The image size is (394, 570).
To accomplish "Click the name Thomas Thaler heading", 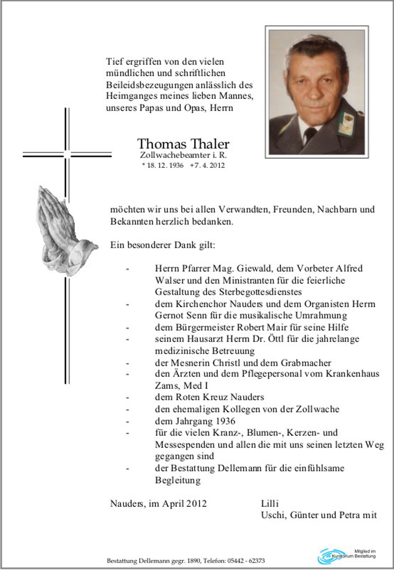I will [183, 144].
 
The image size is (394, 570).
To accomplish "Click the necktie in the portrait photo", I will [310, 134].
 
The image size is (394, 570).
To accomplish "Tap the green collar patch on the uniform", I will [346, 123].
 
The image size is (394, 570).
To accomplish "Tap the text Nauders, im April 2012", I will [158, 503].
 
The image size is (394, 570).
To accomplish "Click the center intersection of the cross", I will [67, 154].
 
